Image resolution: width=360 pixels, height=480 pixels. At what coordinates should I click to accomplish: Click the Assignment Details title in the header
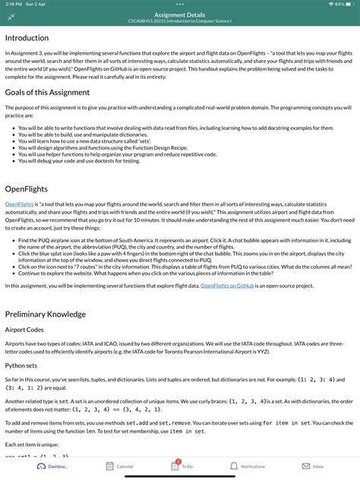click(x=179, y=14)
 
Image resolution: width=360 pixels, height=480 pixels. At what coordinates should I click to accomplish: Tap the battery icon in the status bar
click(x=348, y=4)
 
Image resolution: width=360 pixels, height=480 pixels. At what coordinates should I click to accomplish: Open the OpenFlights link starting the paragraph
click(x=19, y=204)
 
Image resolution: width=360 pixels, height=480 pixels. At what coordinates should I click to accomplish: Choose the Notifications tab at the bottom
click(x=246, y=466)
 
